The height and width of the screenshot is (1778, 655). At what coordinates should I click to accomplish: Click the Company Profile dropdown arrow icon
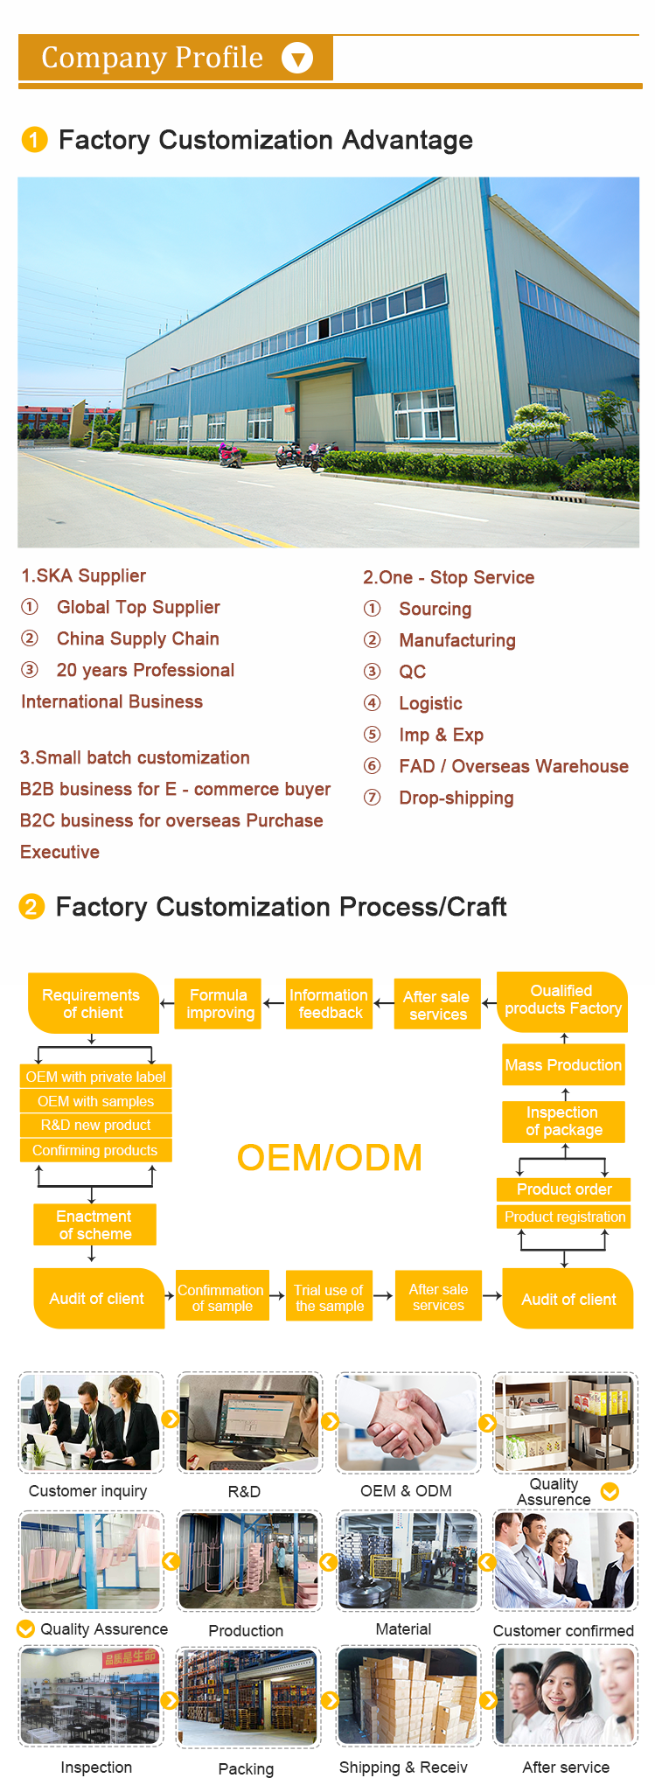pos(297,59)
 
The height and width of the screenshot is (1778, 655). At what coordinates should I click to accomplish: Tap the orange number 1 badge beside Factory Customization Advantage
pos(34,140)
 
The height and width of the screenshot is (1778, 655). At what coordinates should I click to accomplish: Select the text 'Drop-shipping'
pos(456,798)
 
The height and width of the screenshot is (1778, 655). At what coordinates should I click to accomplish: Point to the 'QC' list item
pos(412,672)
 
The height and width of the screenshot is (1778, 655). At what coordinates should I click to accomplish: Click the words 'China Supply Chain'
pos(137,638)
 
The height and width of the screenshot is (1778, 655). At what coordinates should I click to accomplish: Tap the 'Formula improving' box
pos(219,1004)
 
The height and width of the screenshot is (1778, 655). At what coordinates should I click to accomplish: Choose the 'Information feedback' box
pos(329,1004)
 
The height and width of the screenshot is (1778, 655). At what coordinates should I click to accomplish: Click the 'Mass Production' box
pos(563,1064)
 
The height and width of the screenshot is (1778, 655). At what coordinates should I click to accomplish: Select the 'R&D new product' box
pos(95,1125)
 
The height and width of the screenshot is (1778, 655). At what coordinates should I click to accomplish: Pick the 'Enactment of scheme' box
pos(94,1224)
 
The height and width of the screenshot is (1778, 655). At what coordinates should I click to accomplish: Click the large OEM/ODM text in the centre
pos(329,1157)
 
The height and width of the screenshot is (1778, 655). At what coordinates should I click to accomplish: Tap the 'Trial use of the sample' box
pos(329,1298)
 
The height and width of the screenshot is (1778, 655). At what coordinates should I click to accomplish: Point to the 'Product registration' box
pos(564,1217)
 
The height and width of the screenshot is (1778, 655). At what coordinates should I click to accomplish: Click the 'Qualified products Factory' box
pos(562,1000)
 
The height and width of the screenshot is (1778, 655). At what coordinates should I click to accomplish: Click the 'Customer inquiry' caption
pos(87,1491)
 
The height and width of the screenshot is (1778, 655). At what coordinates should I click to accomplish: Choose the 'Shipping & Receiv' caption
pos(403,1768)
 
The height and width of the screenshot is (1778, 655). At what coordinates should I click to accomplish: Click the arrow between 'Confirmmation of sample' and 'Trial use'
pos(277,1296)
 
